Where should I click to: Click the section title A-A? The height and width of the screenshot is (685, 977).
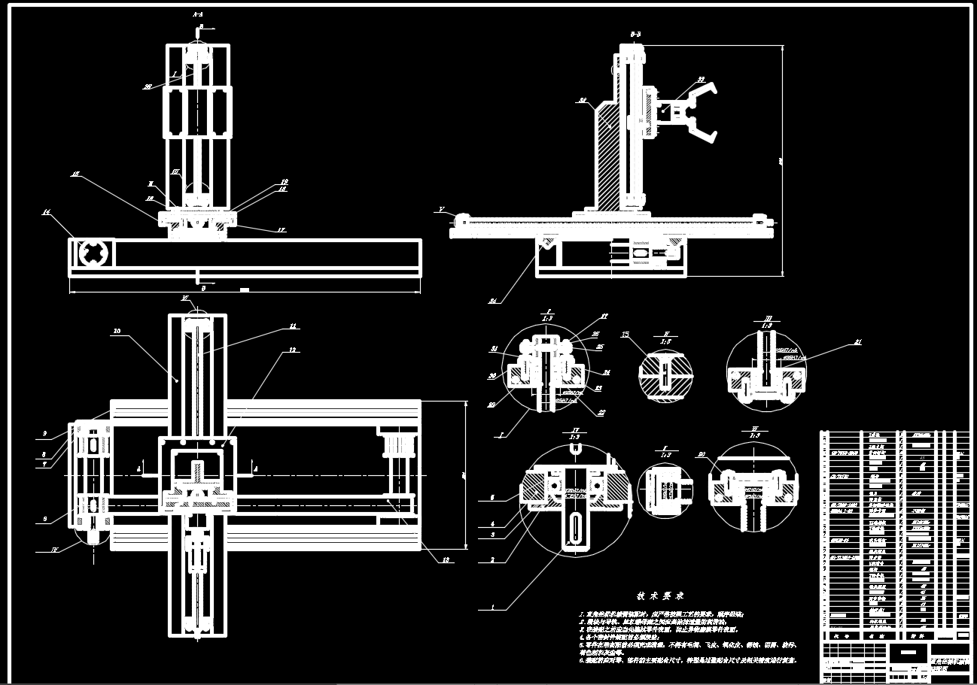point(197,14)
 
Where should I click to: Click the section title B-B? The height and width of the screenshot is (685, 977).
point(635,34)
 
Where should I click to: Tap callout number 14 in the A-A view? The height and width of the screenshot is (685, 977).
point(46,213)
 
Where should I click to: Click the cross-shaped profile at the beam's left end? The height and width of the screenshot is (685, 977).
point(93,253)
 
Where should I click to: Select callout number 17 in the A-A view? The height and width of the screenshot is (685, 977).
point(260,229)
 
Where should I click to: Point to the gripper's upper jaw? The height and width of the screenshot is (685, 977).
point(700,92)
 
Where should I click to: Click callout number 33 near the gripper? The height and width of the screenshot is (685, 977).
point(700,79)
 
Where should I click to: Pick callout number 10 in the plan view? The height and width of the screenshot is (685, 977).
point(117,330)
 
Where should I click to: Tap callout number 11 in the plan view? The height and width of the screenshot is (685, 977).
point(293,326)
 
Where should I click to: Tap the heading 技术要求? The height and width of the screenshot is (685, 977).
point(659,595)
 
